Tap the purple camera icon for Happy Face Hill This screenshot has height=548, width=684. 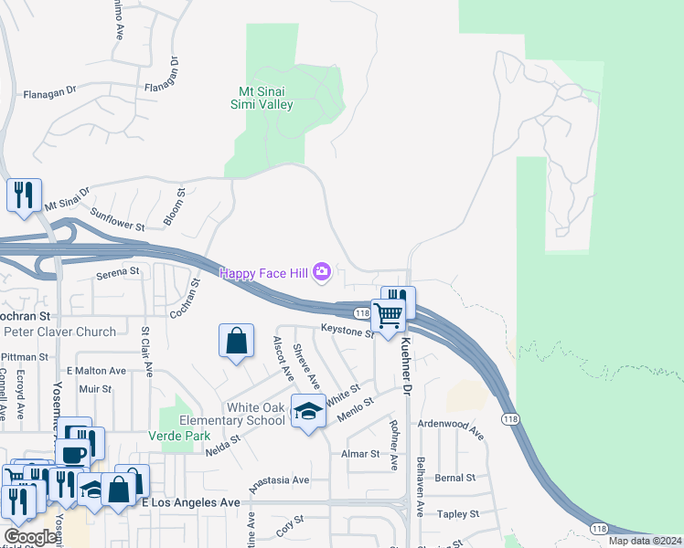coord(321,271)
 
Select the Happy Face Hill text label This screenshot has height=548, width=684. coord(263,271)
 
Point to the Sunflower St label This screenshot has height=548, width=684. coord(118,219)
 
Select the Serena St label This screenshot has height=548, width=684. coord(120,271)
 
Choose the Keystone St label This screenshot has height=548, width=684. coord(347,331)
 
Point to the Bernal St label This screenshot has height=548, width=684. coord(455,478)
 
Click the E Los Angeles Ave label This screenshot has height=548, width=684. coord(191,502)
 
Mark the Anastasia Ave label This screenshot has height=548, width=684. coord(275,479)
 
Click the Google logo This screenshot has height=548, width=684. coord(30,537)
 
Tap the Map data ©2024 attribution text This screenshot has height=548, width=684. coord(645,541)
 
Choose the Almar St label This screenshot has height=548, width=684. coord(360,454)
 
